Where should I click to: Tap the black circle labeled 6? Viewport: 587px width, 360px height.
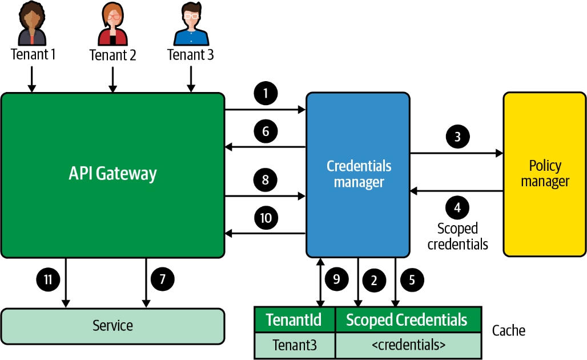pos(266,131)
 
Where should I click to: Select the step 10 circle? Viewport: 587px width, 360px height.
pos(266,217)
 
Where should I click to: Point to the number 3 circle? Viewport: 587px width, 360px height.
pos(458,137)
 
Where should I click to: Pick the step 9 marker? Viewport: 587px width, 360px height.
pos(336,279)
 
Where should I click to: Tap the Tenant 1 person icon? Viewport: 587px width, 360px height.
pos(32,24)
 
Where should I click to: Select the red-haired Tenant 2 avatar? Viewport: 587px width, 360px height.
pos(112,24)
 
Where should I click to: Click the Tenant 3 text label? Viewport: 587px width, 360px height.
pos(191,55)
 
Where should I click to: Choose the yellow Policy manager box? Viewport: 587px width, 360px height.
pos(545,174)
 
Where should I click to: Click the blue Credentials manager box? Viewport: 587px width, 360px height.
pos(358,174)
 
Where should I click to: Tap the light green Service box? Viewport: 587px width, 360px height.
pos(112,326)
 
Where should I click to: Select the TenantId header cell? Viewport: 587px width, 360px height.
pos(295,319)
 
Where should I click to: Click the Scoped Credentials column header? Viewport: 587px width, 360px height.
pos(407,319)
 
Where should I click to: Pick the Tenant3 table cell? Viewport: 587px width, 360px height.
pos(295,346)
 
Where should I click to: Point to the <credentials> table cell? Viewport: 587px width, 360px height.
pos(407,346)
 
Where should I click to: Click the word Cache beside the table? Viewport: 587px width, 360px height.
pos(508,330)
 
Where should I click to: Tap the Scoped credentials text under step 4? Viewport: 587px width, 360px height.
pos(457,236)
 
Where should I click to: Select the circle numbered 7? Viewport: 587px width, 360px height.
pos(162,279)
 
